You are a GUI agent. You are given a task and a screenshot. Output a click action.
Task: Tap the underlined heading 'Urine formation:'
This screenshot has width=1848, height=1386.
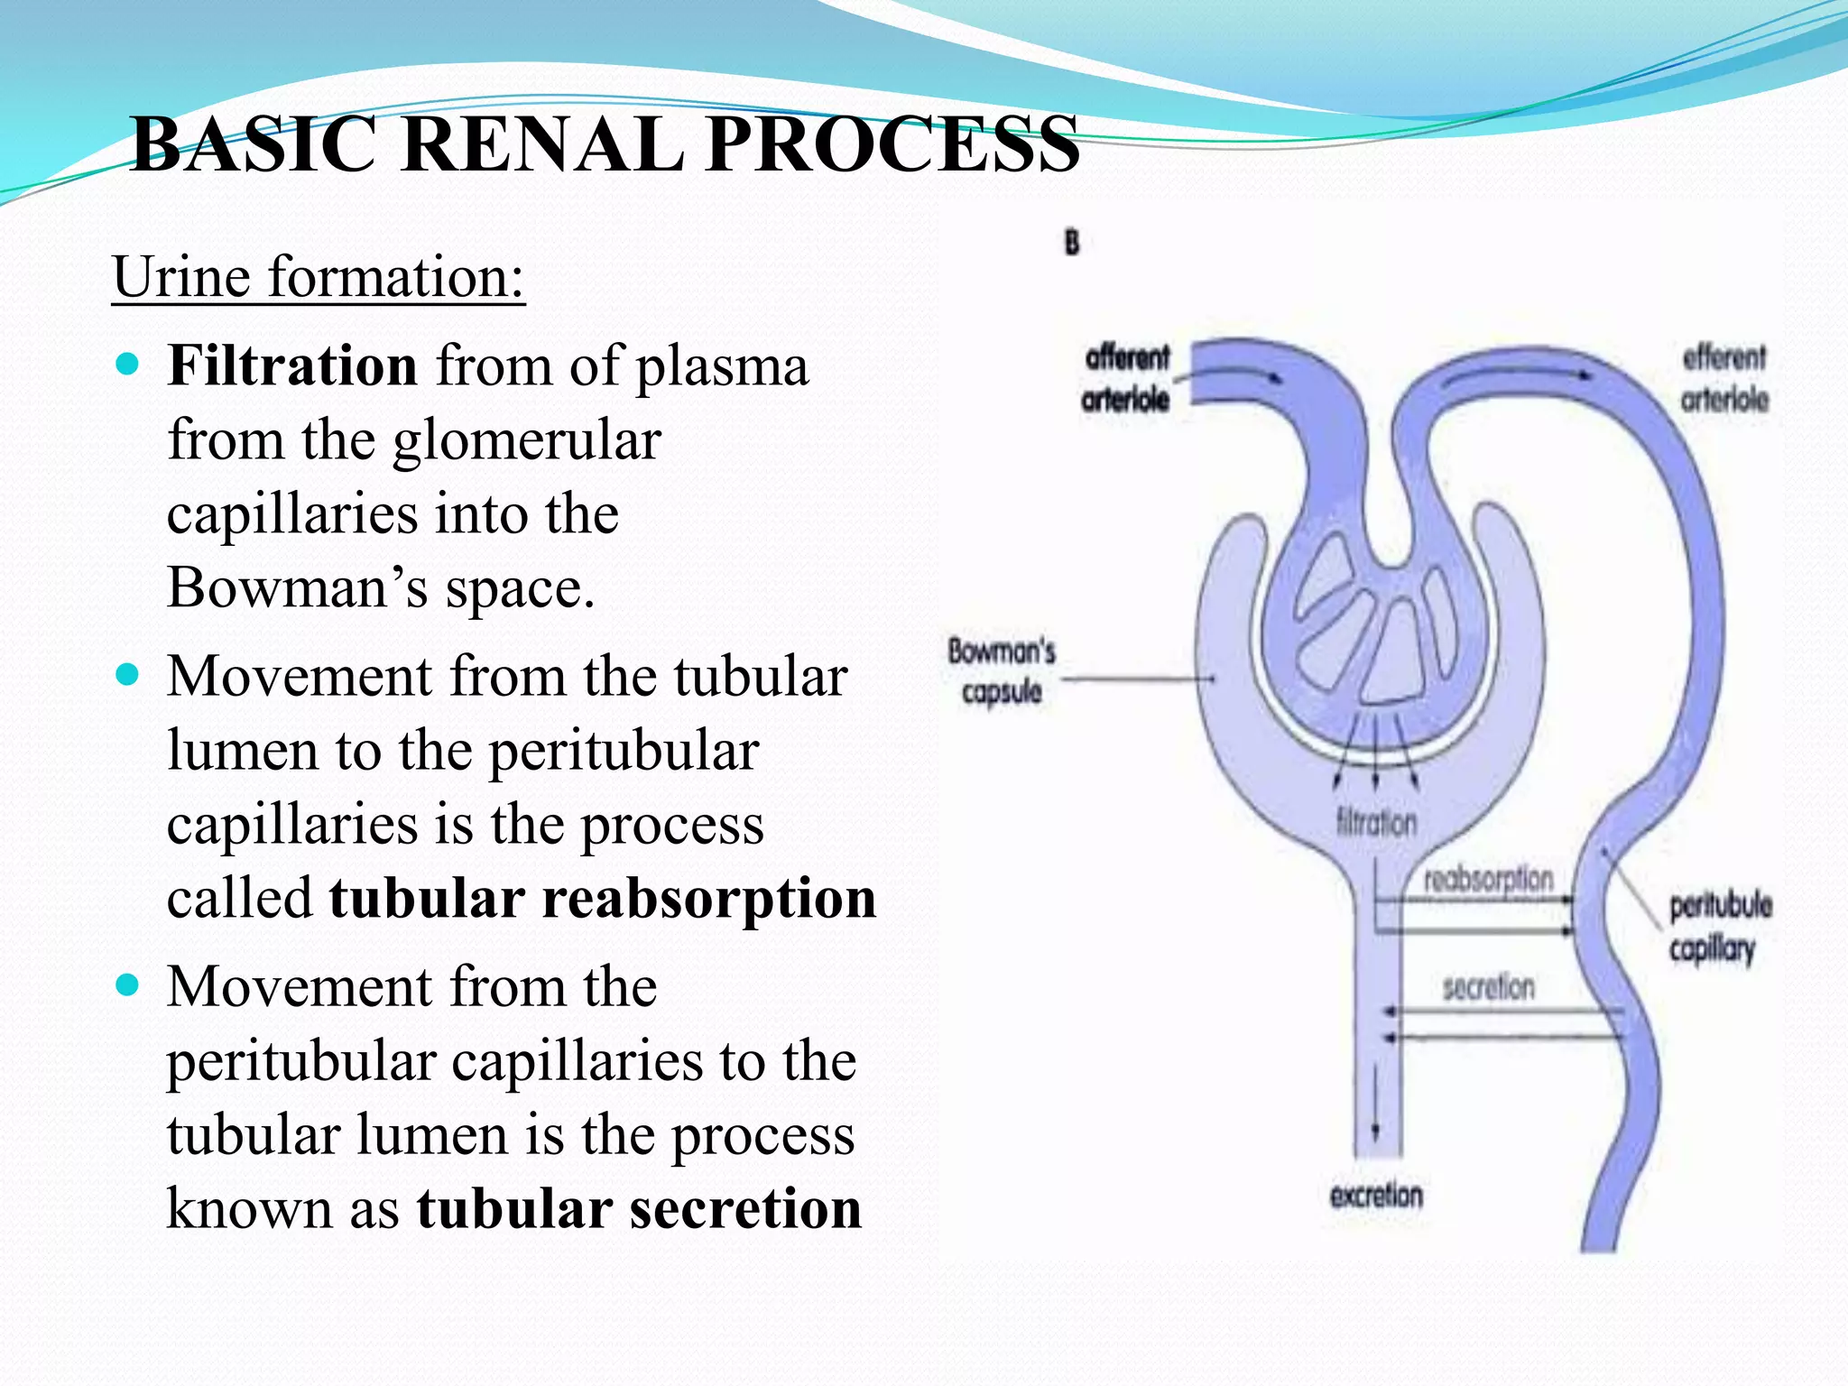click(x=318, y=277)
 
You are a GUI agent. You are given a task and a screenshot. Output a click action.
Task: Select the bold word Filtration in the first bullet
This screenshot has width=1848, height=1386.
click(x=291, y=366)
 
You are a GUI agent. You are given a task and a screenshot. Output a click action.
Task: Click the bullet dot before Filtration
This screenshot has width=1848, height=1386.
click(x=128, y=365)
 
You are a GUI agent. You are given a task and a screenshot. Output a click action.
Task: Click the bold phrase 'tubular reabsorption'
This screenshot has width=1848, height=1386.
click(x=602, y=899)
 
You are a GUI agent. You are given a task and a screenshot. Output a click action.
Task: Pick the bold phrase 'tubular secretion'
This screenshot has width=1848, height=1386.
click(x=638, y=1209)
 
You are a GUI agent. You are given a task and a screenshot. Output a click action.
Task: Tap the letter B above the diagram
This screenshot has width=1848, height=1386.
click(x=1071, y=243)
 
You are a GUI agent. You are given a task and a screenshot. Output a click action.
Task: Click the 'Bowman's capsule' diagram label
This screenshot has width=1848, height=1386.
click(x=1001, y=671)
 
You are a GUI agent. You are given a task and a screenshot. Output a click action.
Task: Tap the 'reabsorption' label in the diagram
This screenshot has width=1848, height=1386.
click(x=1488, y=879)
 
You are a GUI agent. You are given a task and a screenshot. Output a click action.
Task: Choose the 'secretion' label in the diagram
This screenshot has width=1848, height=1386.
click(x=1488, y=987)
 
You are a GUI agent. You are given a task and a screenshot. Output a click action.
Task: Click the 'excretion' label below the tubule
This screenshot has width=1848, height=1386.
click(x=1376, y=1197)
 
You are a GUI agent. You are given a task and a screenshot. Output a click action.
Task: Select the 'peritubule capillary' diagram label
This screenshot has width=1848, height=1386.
click(x=1719, y=927)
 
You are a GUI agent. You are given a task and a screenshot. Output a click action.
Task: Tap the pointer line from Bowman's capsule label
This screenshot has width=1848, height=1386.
click(x=1137, y=679)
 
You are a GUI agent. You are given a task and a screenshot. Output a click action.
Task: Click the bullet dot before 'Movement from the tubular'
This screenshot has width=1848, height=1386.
click(x=128, y=675)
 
